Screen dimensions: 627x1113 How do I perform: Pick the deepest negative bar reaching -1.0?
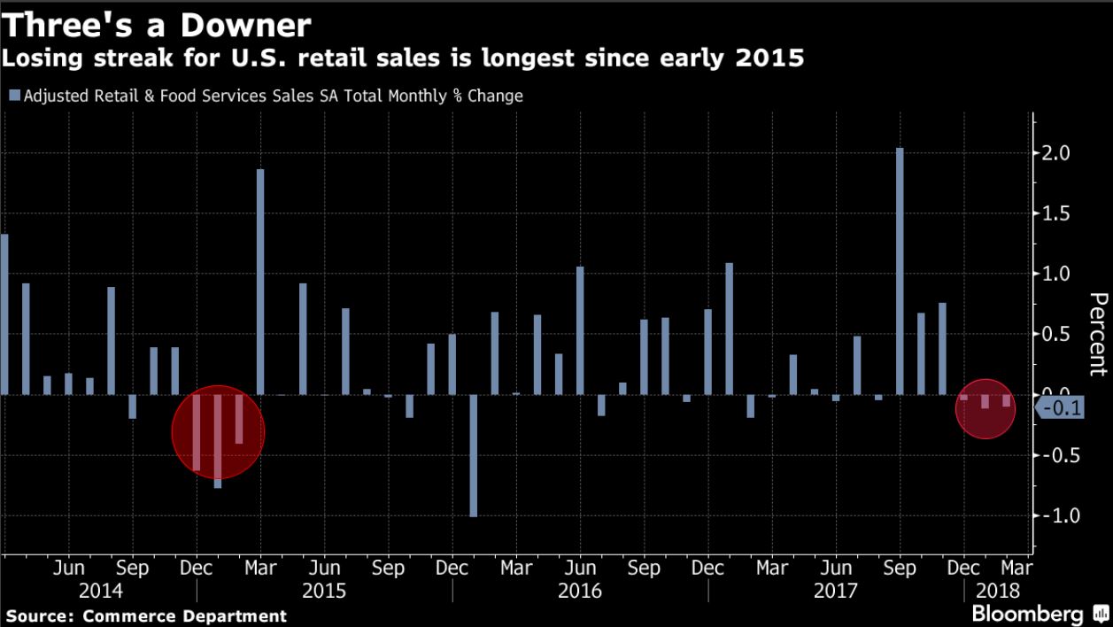[474, 455]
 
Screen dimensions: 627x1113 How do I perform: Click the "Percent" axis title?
[1097, 335]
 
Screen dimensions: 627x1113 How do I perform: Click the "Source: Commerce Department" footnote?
[146, 615]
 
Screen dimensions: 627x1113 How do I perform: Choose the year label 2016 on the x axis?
[580, 591]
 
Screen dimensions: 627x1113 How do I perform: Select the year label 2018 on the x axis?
[998, 591]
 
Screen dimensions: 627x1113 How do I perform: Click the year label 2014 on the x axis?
[100, 591]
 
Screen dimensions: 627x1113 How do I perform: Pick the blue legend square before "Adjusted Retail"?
[13, 96]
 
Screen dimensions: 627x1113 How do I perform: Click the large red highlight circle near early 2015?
[218, 431]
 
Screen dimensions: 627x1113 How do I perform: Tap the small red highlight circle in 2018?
[985, 407]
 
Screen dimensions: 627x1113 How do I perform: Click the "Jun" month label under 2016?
[580, 568]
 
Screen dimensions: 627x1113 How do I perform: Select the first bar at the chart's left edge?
[4, 314]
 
